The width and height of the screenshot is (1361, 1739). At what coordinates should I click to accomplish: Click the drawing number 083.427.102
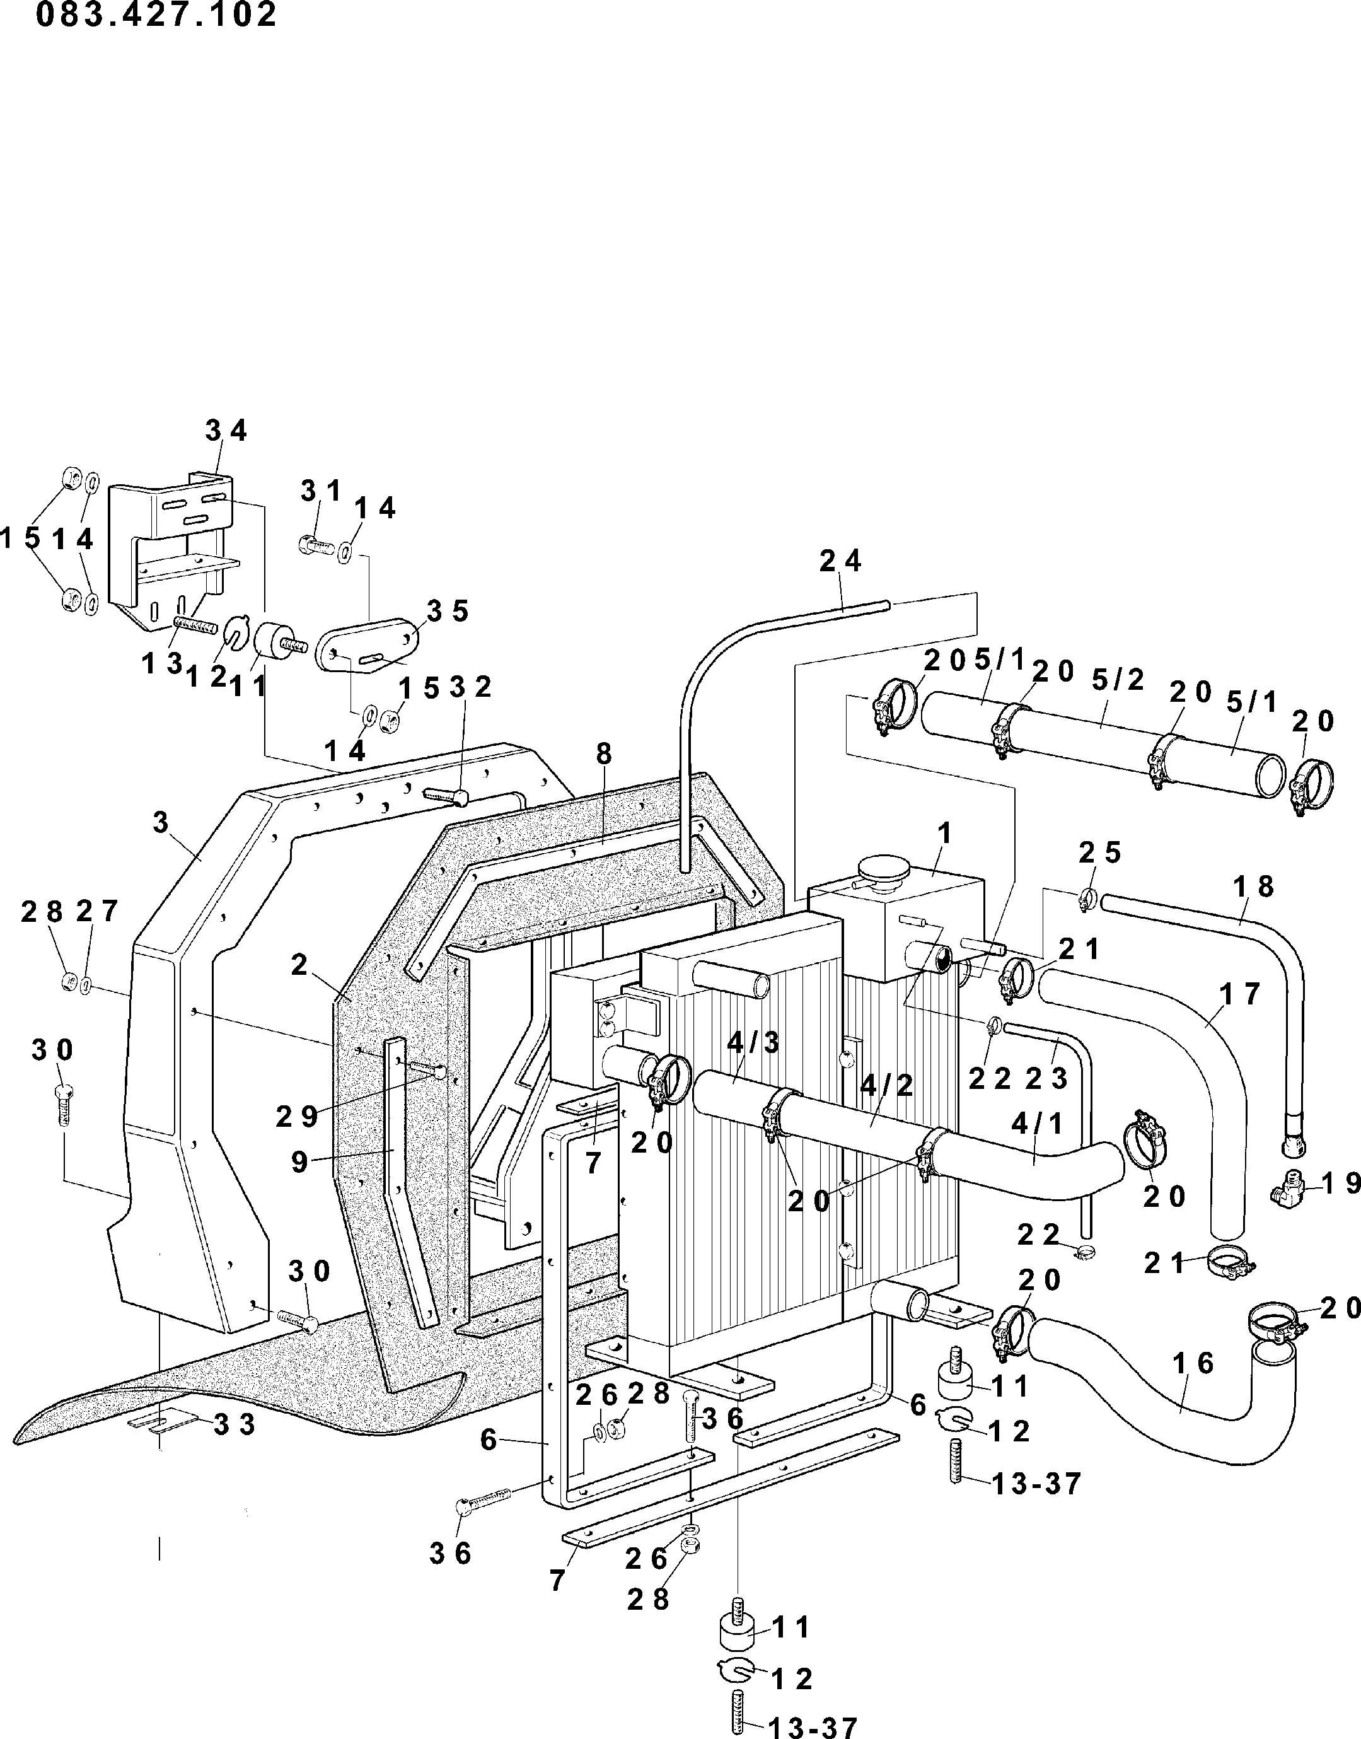pos(156,15)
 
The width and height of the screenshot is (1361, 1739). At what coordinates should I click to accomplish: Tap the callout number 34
pos(226,431)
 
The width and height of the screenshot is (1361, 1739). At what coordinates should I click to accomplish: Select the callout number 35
pos(447,611)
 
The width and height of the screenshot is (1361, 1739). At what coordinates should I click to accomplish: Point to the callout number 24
pos(841,561)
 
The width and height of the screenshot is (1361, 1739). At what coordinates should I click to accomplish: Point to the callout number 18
pos(1254,887)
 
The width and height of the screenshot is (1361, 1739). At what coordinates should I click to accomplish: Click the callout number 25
pos(1101,852)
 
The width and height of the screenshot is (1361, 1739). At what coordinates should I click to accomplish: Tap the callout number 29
pos(297,1117)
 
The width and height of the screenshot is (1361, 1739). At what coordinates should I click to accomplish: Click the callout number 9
pos(299,1162)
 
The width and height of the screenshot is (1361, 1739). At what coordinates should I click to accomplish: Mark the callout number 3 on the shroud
pos(161,822)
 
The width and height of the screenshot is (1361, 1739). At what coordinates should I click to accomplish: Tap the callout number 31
pos(321,492)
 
